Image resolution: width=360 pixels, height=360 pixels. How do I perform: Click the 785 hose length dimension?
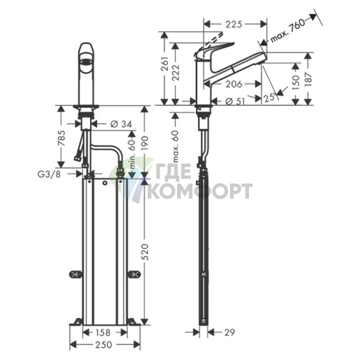point(62,137)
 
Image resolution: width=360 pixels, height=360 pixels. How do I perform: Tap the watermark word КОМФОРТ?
point(200,191)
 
